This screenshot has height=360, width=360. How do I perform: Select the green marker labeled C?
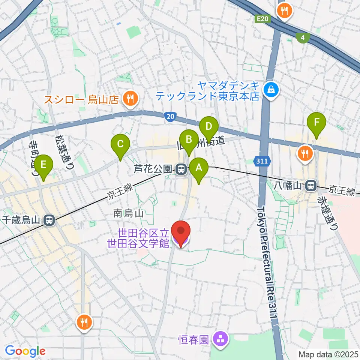120,145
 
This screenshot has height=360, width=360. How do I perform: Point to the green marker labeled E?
43,165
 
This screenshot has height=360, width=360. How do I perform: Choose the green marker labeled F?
316,123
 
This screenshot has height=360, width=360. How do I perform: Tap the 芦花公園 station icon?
181,169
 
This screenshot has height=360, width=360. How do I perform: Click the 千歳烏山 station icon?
49,220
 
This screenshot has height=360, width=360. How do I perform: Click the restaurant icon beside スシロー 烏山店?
130,99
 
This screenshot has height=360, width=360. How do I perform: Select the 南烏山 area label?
128,214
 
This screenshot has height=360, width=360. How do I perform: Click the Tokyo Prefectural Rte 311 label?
268,262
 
